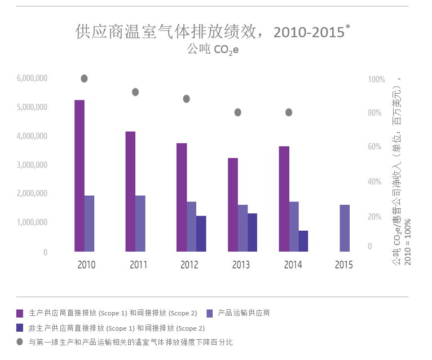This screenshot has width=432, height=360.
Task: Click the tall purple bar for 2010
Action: (79, 175)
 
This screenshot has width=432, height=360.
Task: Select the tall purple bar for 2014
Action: (284, 199)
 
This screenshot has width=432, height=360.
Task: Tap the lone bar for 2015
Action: (345, 228)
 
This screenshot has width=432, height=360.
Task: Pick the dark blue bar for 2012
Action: (201, 234)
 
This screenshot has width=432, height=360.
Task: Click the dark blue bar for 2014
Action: (303, 241)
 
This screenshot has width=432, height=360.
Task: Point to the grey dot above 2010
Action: (84, 78)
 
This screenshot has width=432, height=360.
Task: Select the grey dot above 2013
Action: (238, 112)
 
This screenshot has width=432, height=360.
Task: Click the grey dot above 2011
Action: (135, 92)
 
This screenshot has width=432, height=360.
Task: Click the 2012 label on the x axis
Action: (189, 265)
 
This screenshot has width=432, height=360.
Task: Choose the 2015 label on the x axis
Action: (343, 265)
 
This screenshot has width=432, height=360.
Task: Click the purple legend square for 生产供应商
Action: (20, 313)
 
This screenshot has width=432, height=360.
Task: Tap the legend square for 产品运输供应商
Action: (209, 313)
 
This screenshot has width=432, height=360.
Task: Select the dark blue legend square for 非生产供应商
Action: (20, 327)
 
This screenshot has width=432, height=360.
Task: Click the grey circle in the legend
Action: (20, 342)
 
